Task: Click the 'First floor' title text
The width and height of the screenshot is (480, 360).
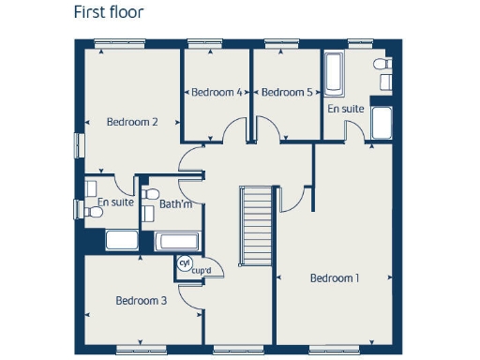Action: (109, 14)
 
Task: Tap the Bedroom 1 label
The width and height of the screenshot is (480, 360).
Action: (334, 278)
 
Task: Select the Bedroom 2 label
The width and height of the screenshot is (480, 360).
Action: (131, 122)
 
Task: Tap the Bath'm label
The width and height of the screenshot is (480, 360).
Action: (175, 203)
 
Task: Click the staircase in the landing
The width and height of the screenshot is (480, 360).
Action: (256, 226)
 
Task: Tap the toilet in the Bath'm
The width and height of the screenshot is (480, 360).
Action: (148, 211)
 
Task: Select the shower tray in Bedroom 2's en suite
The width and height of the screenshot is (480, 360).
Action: (121, 239)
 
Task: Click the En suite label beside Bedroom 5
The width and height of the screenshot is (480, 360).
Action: (345, 109)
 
